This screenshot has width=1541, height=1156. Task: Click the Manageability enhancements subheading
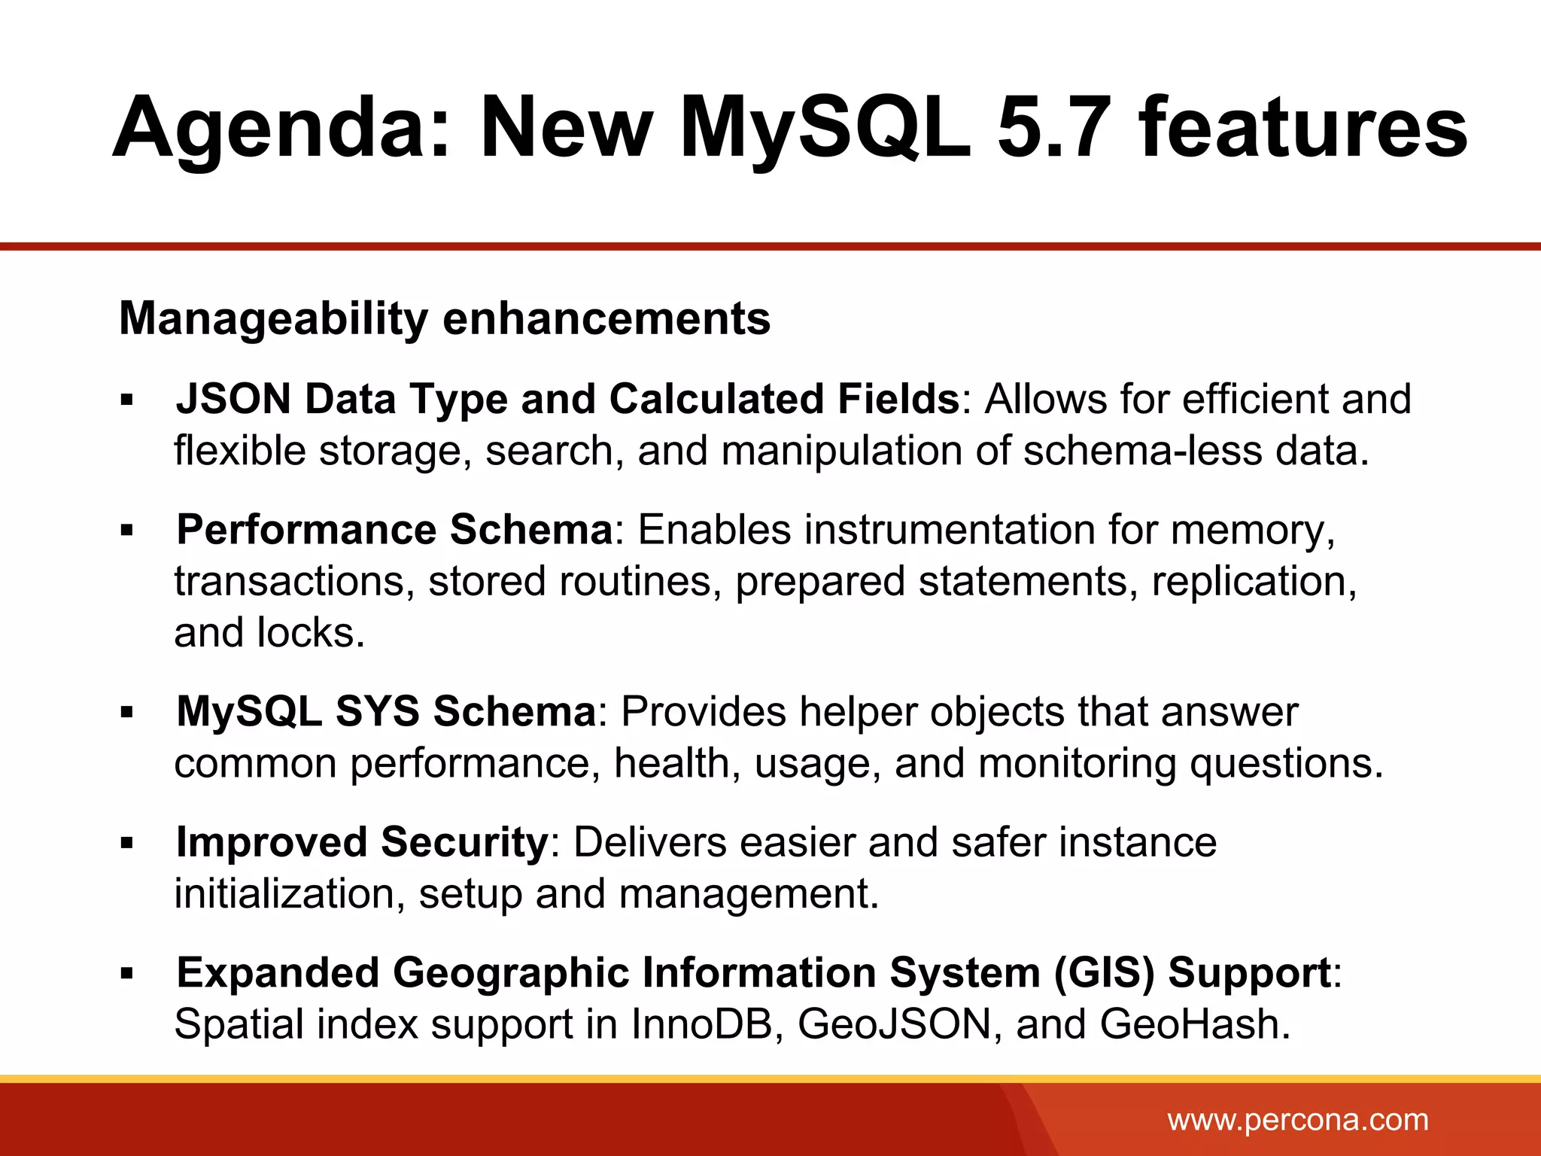click(445, 318)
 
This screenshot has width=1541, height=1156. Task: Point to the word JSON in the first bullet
click(233, 398)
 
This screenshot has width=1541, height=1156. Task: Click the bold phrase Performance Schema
click(395, 529)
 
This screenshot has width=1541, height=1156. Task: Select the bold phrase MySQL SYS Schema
click(386, 711)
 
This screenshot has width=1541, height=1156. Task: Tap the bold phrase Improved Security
click(362, 841)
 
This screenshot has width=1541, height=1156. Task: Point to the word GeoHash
click(1194, 1024)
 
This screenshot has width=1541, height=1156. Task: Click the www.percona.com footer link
click(1297, 1120)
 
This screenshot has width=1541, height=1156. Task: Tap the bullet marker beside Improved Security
click(126, 843)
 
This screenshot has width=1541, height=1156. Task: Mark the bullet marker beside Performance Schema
click(126, 531)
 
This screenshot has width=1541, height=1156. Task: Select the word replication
click(1254, 582)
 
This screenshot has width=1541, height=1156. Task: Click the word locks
click(311, 633)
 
